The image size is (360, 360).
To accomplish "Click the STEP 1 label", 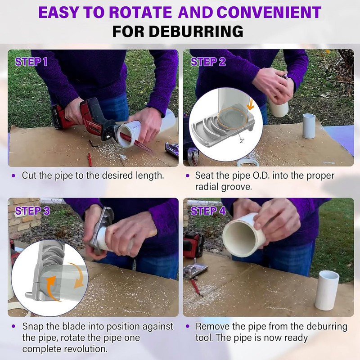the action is [x=31, y=62].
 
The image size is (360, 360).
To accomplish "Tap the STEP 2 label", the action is [x=208, y=62].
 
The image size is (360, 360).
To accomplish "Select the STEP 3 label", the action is [x=32, y=211].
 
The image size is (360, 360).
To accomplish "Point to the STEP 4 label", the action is [x=208, y=211].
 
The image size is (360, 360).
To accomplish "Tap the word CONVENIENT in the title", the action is [x=269, y=12].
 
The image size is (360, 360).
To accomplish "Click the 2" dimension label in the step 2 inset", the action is [x=242, y=141].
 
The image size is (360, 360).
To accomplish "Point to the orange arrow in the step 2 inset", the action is [x=250, y=106].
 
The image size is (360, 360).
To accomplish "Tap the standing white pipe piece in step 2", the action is [x=309, y=126].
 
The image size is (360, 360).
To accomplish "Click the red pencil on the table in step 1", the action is [x=90, y=159].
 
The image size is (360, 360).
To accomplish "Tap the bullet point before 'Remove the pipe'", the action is [x=188, y=326].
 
